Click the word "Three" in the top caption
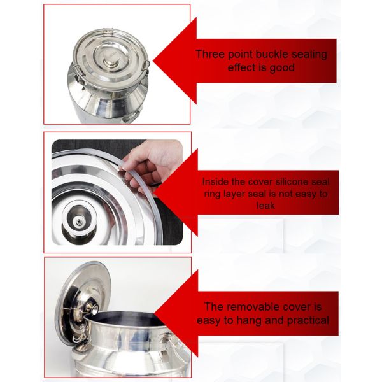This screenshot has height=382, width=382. point(210,54)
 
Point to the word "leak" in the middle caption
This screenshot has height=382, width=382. point(265,205)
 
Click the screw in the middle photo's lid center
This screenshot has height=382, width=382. point(79,222)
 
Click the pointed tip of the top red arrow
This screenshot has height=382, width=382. point(153,61)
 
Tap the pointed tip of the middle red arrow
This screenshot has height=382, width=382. point(155,192)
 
